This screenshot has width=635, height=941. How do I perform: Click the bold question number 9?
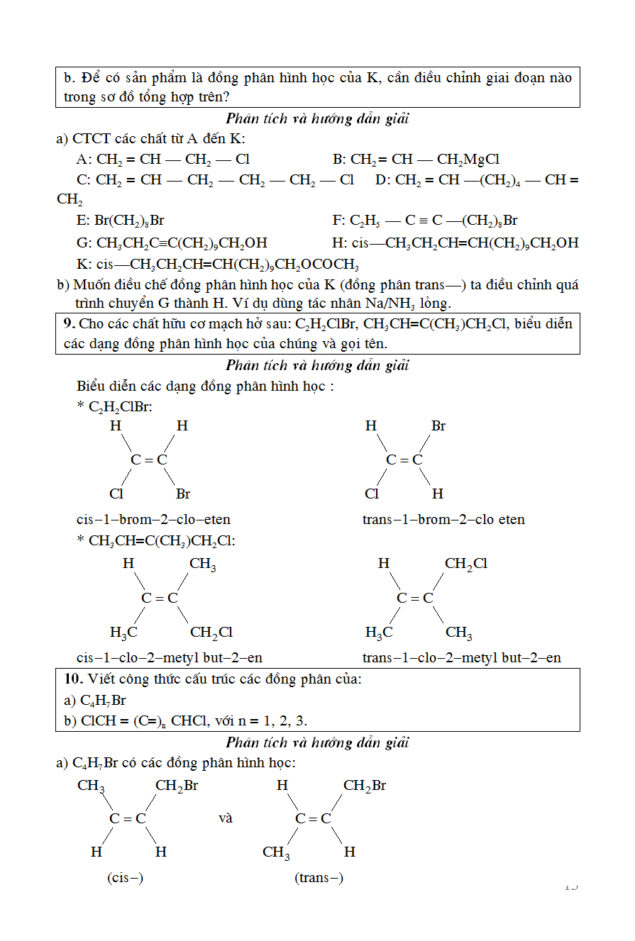(x=69, y=323)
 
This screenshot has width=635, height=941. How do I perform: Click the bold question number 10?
(x=72, y=679)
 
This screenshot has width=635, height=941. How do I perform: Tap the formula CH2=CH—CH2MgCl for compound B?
(x=424, y=160)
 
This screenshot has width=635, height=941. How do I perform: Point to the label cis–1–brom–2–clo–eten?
(x=153, y=519)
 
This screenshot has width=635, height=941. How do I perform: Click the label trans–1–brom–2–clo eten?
(x=443, y=519)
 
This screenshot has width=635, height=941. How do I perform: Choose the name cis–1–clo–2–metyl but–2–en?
(x=170, y=657)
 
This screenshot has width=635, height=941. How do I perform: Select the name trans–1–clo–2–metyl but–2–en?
(x=461, y=657)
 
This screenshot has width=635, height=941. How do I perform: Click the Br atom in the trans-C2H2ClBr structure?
(x=438, y=426)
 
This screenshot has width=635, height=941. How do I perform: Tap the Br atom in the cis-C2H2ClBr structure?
(x=183, y=494)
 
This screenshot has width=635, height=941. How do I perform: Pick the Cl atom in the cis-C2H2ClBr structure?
(x=116, y=494)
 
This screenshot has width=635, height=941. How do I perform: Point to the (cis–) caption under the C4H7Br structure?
(x=125, y=877)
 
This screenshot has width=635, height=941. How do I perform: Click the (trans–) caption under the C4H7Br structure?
(x=319, y=877)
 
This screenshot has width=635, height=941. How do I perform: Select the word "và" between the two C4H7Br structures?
(x=226, y=818)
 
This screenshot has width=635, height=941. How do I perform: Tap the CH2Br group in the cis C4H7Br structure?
(x=177, y=786)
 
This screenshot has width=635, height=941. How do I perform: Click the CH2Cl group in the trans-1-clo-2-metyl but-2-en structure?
(x=465, y=564)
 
